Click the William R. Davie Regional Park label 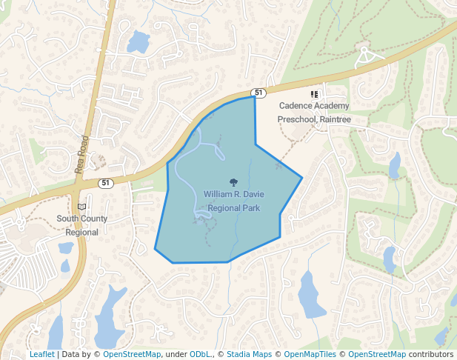coord(233,201)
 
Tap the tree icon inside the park coord(234,181)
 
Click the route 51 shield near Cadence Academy coord(258,93)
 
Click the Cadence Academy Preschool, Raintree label coord(313,113)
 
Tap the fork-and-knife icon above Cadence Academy coord(314,95)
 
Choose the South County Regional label coord(81,225)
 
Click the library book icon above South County coord(81,206)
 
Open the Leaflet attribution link coord(41,354)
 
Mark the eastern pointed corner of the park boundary coord(302,178)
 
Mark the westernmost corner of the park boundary coord(155,250)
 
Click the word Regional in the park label coord(225,208)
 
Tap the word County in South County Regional coord(93,219)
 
